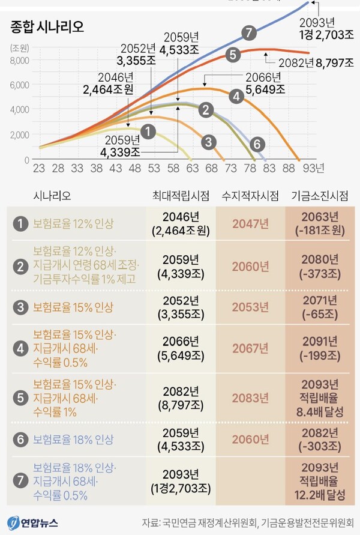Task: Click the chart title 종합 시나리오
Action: click(x=47, y=26)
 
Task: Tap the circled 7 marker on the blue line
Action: click(x=250, y=32)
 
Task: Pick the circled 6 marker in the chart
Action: click(x=256, y=144)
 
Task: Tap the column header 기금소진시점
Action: click(x=319, y=196)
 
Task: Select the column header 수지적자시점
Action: click(x=250, y=196)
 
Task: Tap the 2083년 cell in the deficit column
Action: click(x=250, y=397)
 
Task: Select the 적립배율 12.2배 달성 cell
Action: click(x=319, y=482)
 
